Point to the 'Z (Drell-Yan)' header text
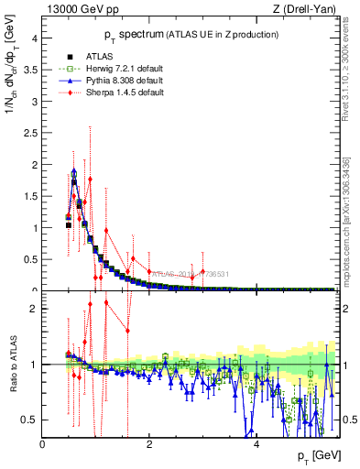point(308,10)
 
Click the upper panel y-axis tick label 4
point(34,38)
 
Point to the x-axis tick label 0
point(42,443)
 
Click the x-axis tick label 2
point(149,443)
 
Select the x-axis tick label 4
point(256,443)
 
